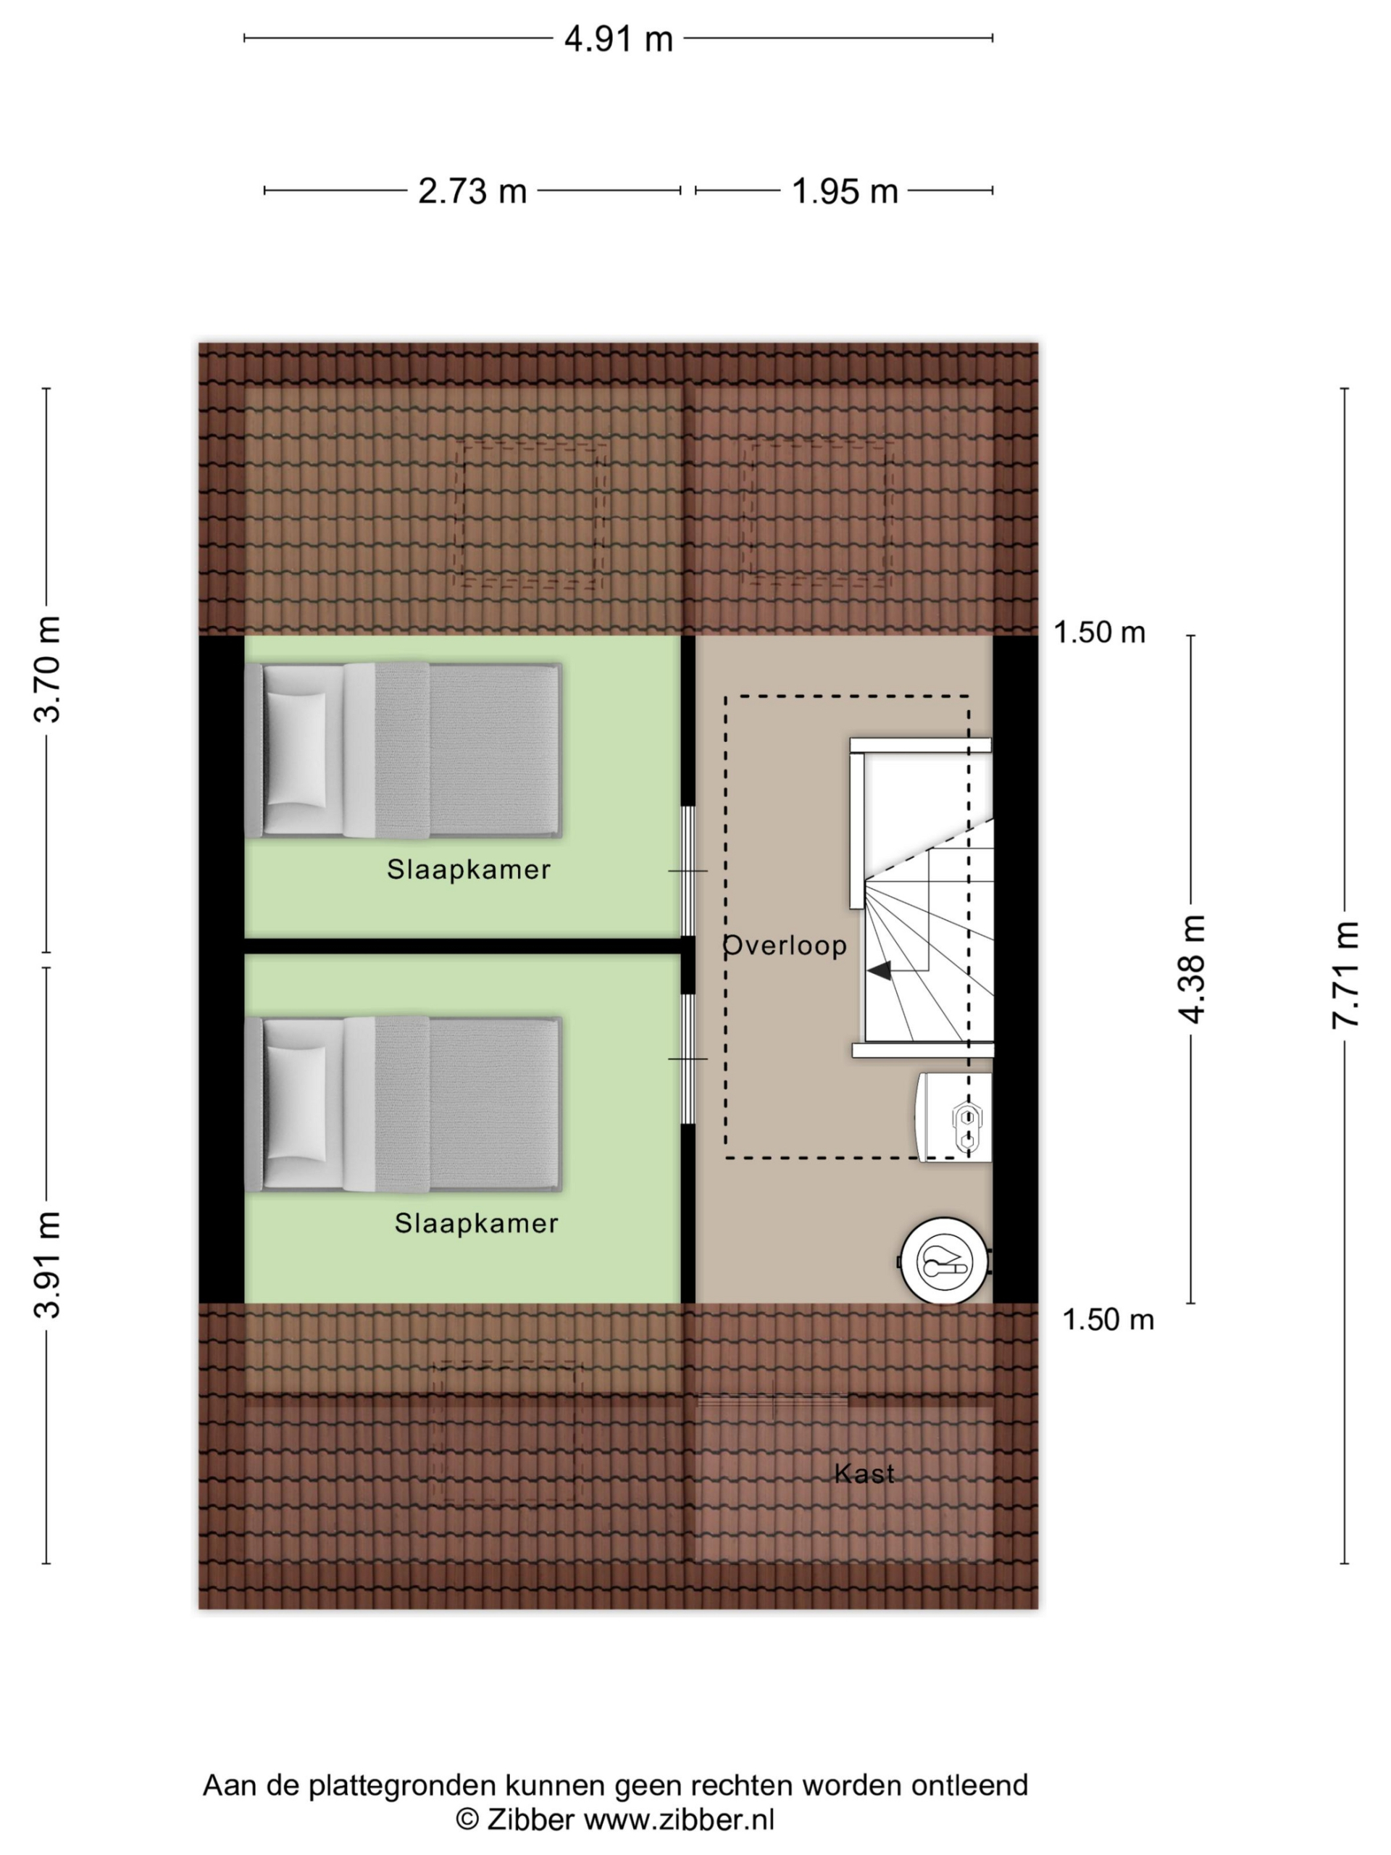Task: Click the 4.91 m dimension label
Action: coord(618,39)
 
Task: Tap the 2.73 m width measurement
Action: coord(472,191)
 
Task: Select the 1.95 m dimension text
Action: coord(844,191)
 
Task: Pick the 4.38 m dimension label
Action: coord(1190,969)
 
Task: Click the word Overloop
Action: coord(785,945)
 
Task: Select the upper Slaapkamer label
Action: coord(469,869)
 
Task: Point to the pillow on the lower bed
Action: coord(295,1104)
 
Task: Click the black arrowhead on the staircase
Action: coord(879,970)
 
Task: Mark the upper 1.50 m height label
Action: coord(1099,633)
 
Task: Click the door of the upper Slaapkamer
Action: coord(688,870)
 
